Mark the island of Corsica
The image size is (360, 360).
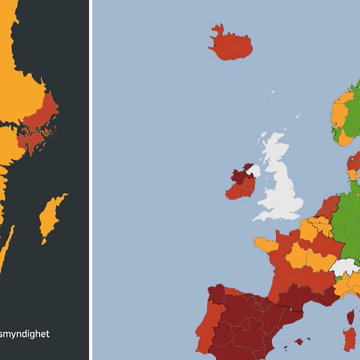click(350, 316)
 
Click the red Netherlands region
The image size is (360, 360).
click(329, 206)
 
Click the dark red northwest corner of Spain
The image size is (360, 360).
click(216, 297)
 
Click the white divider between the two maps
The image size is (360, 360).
click(91, 180)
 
